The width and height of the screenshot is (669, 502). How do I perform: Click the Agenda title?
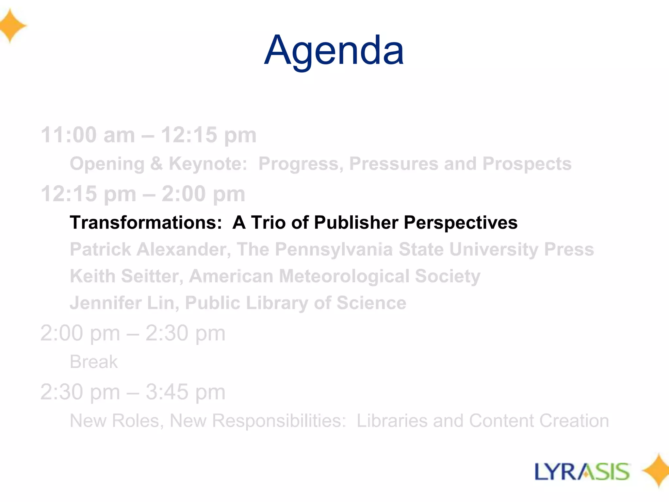(334, 51)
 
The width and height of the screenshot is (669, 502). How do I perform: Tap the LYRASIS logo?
(582, 472)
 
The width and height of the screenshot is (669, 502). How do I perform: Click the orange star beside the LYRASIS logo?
(657, 471)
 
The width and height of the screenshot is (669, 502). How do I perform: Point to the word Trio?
(268, 223)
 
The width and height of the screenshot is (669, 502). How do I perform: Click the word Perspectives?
(461, 223)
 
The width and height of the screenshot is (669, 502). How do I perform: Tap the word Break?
(94, 362)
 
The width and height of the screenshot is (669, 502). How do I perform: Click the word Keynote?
(208, 164)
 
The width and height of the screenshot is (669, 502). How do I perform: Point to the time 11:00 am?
(88, 135)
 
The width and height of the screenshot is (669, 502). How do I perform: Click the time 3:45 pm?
(185, 392)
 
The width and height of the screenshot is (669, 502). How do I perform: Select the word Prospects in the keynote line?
(527, 164)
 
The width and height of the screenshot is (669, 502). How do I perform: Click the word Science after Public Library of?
(371, 303)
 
